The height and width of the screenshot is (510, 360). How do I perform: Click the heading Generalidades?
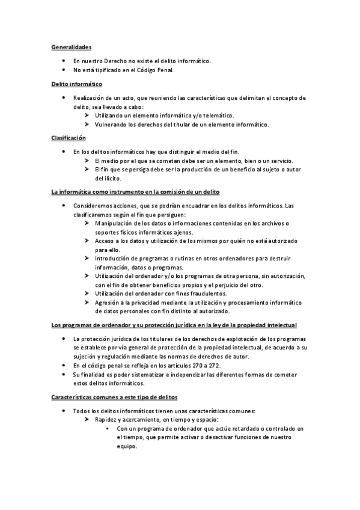coord(71,47)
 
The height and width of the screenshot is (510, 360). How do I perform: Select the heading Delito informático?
coord(76,84)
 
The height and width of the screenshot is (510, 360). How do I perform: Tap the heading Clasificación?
coord(69,138)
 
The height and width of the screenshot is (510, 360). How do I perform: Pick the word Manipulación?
coord(115,223)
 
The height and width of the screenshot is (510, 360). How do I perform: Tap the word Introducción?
coord(114,258)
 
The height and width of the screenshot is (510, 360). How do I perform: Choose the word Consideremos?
coord(94,206)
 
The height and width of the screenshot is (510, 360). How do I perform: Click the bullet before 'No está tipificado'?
coord(64,70)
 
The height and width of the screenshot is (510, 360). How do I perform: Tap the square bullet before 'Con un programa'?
coord(106,429)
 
